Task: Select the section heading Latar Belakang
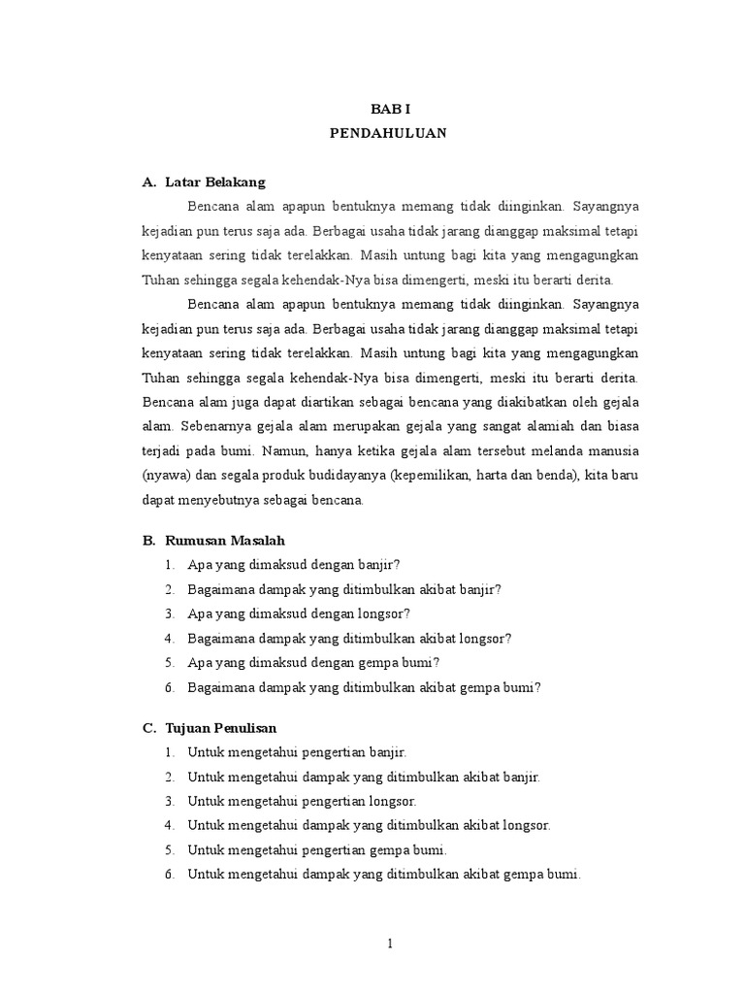[x=215, y=182]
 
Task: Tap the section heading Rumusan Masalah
[x=225, y=540]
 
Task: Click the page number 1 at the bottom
[x=388, y=943]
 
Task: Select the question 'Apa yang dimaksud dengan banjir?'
[x=295, y=564]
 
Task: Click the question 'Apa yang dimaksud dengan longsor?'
[x=300, y=613]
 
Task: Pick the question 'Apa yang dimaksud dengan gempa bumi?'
[x=314, y=662]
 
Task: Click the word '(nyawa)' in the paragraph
[x=166, y=476]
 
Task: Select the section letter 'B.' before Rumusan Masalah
[x=148, y=540]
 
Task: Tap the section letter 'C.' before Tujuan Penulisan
[x=148, y=727]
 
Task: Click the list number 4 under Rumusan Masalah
[x=169, y=638]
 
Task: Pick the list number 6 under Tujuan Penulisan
[x=169, y=874]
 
